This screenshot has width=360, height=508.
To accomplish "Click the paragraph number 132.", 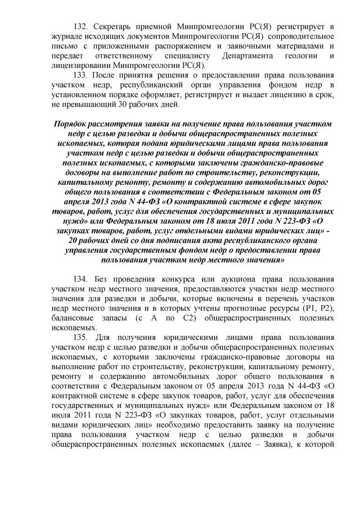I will pyautogui.click(x=82, y=26).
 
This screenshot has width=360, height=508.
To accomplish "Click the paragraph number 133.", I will pyautogui.click(x=82, y=74).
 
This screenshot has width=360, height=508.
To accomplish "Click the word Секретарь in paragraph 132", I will pyautogui.click(x=115, y=26).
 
